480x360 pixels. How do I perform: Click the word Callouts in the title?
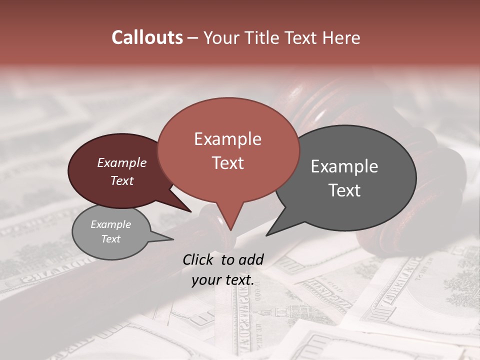[147, 37]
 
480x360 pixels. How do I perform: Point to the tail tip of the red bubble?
[230, 229]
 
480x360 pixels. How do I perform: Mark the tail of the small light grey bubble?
[170, 239]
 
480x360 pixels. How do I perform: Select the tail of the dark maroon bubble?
[187, 209]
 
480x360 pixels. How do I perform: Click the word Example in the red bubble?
[227, 139]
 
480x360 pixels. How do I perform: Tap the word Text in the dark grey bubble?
[344, 190]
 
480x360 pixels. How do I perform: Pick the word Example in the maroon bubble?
[121, 162]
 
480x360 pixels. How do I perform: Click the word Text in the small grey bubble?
[110, 239]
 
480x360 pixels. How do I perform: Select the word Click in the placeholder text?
[198, 259]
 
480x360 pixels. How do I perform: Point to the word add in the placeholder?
[250, 259]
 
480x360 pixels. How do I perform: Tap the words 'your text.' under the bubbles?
[222, 280]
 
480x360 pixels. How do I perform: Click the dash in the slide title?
[193, 37]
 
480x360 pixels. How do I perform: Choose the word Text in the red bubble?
[227, 163]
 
